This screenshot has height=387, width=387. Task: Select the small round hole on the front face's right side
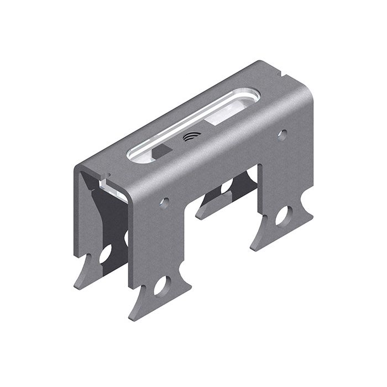point(282,134)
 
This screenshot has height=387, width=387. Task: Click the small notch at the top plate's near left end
point(103,178)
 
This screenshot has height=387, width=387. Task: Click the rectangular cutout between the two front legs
point(227,188)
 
